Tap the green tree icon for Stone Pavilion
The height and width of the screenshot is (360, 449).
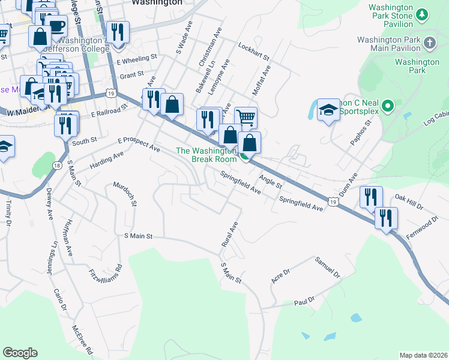pyautogui.click(x=422, y=13)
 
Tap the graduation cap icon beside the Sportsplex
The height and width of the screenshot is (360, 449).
pyautogui.click(x=328, y=109)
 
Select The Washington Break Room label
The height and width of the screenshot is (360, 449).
pyautogui.click(x=206, y=155)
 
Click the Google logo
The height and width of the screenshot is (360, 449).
pyautogui.click(x=20, y=353)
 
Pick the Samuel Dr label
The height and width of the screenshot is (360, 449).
pyautogui.click(x=328, y=268)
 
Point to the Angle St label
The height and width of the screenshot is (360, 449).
pyautogui.click(x=270, y=181)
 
